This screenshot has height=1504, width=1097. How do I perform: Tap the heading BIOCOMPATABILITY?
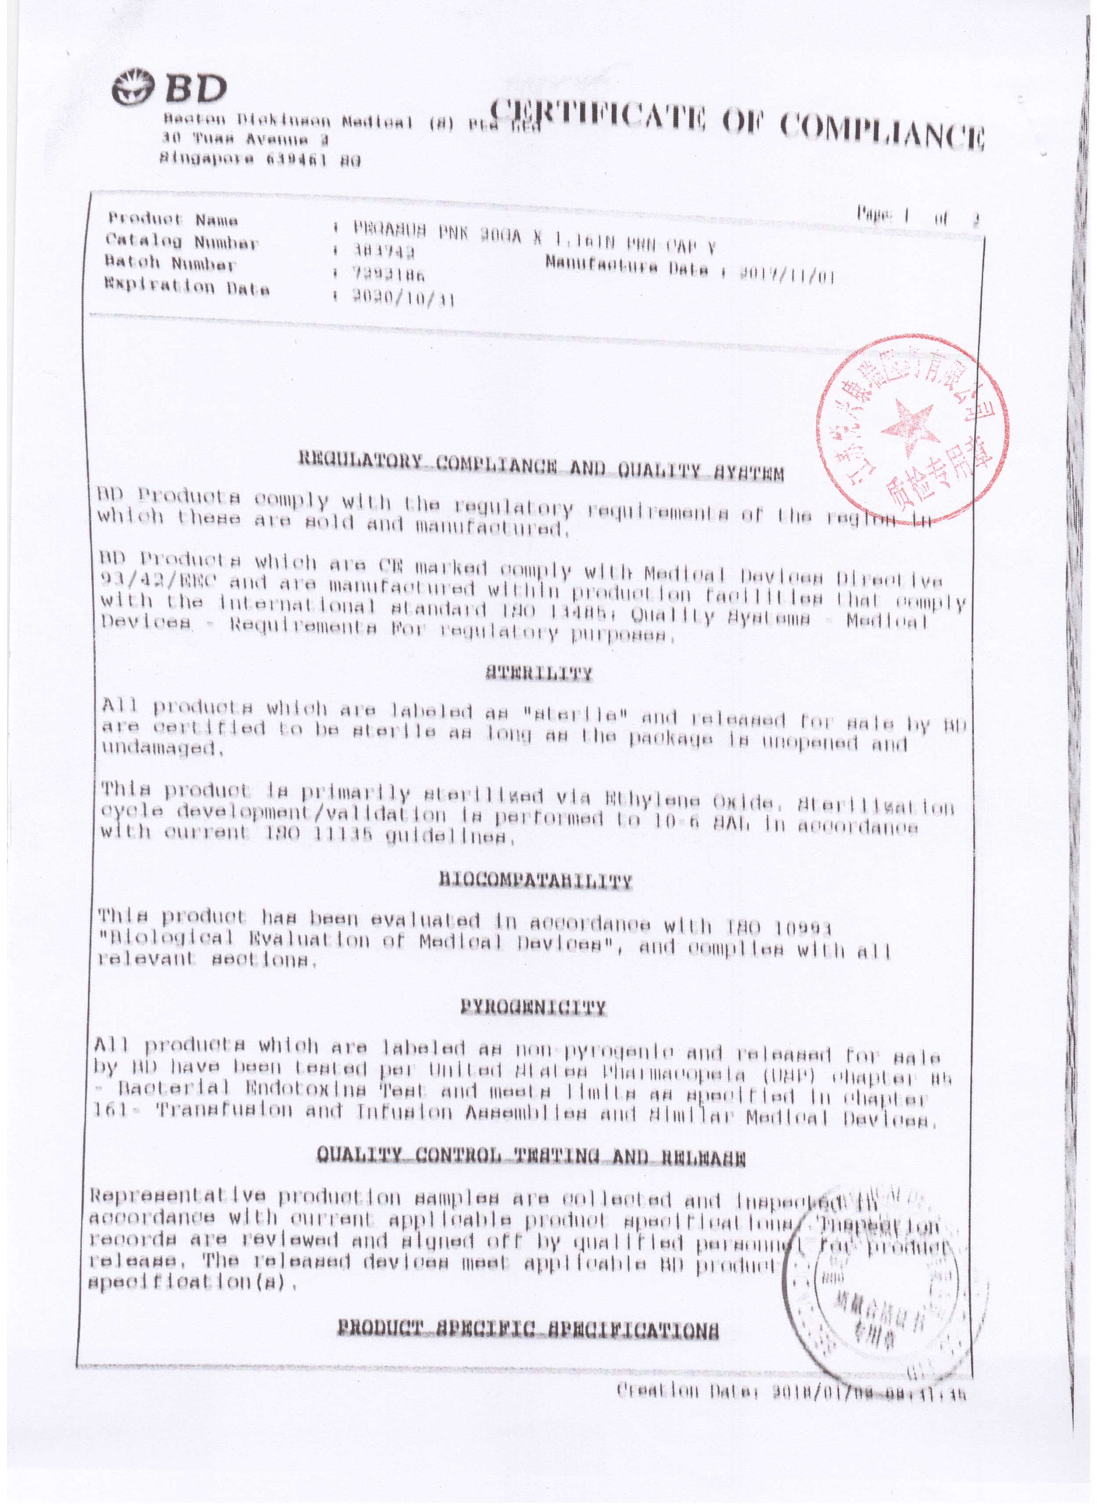[x=535, y=881]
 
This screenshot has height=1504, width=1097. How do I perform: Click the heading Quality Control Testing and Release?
[x=531, y=1160]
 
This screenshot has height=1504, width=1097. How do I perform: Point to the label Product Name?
[x=173, y=219]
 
